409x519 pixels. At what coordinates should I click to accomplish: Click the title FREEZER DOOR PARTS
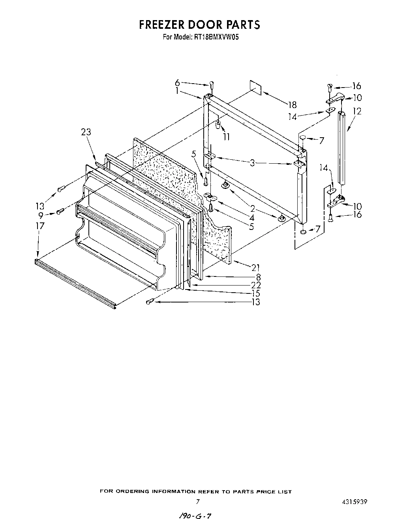tap(199, 24)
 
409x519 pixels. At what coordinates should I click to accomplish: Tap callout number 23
tap(86, 132)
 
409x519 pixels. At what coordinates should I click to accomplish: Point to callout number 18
tap(292, 105)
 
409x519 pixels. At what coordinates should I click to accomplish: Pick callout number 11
tap(226, 137)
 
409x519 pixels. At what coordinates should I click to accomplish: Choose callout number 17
tap(39, 226)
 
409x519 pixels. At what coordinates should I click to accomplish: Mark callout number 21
tap(255, 268)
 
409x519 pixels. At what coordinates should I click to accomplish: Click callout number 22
tap(255, 285)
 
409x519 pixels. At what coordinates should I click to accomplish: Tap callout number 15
tap(255, 293)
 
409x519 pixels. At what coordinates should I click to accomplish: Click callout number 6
tap(177, 82)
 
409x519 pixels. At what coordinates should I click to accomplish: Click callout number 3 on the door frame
tap(252, 162)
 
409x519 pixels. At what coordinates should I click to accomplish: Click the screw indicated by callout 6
tap(212, 84)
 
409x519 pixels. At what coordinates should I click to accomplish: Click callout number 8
tap(258, 277)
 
